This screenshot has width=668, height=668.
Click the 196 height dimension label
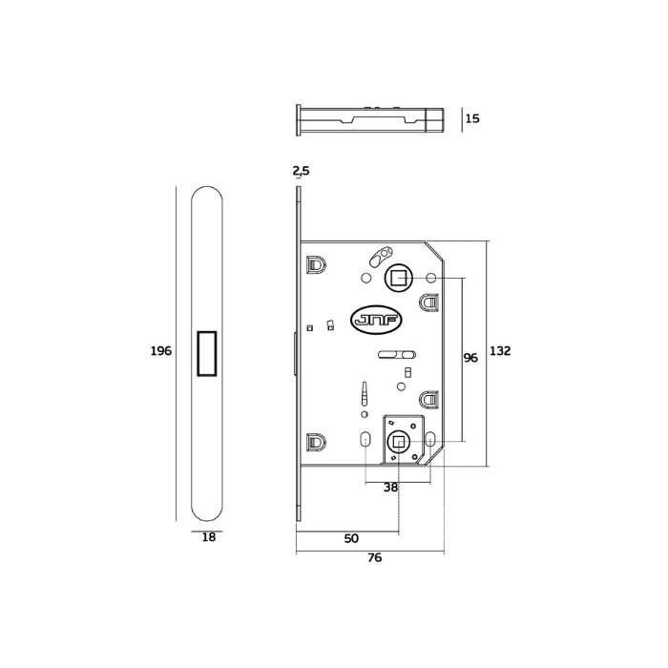(x=161, y=351)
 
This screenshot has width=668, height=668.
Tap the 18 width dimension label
(x=209, y=537)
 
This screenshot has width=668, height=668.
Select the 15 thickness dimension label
(x=472, y=118)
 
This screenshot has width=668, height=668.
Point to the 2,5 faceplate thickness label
(x=301, y=171)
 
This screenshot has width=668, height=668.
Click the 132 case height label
(x=500, y=351)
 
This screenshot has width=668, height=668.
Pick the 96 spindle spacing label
(x=470, y=358)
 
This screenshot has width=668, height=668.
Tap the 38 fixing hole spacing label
(x=390, y=488)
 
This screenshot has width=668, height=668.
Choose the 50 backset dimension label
(x=351, y=538)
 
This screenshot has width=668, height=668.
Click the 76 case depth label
(x=374, y=557)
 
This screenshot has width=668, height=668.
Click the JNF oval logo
(x=376, y=320)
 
